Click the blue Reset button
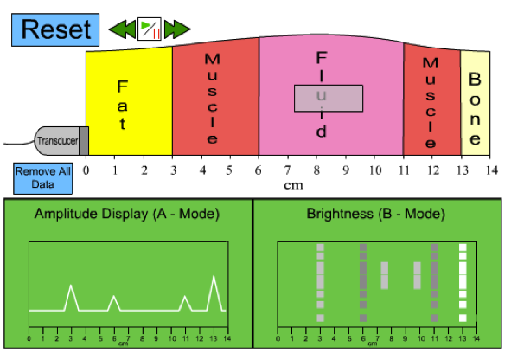55,29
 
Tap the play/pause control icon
150,29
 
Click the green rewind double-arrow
122,29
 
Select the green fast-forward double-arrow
177,29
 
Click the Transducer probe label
57,141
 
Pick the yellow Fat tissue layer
129,102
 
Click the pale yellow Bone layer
476,103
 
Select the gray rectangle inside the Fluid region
329,99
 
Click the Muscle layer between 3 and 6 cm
215,97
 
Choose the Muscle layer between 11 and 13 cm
431,100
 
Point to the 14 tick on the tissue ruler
490,157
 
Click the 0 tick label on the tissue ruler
86,170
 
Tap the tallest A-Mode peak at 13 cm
214,277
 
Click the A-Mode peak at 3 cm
71,286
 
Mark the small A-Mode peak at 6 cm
114,297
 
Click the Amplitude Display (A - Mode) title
127,214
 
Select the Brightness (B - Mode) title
376,214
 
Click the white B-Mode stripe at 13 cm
463,282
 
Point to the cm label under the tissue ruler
293,185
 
